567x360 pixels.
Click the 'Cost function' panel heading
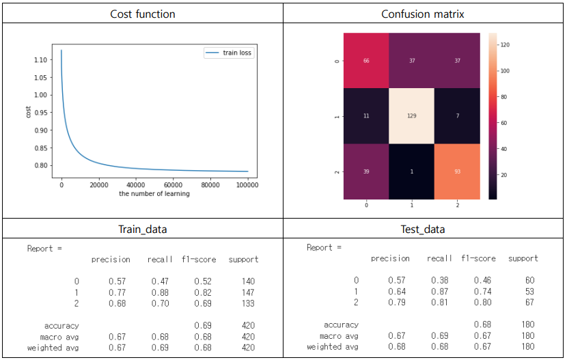142,14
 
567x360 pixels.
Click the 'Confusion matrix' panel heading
424,14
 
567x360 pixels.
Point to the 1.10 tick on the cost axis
41,60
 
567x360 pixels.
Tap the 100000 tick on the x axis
247,184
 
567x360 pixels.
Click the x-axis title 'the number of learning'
154,194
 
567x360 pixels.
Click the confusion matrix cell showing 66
366,61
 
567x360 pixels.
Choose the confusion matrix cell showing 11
366,116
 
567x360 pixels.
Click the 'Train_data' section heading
142,230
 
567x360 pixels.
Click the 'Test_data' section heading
424,230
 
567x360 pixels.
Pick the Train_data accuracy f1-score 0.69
203,326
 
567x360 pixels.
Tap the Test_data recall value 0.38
440,280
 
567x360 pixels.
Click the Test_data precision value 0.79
396,303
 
